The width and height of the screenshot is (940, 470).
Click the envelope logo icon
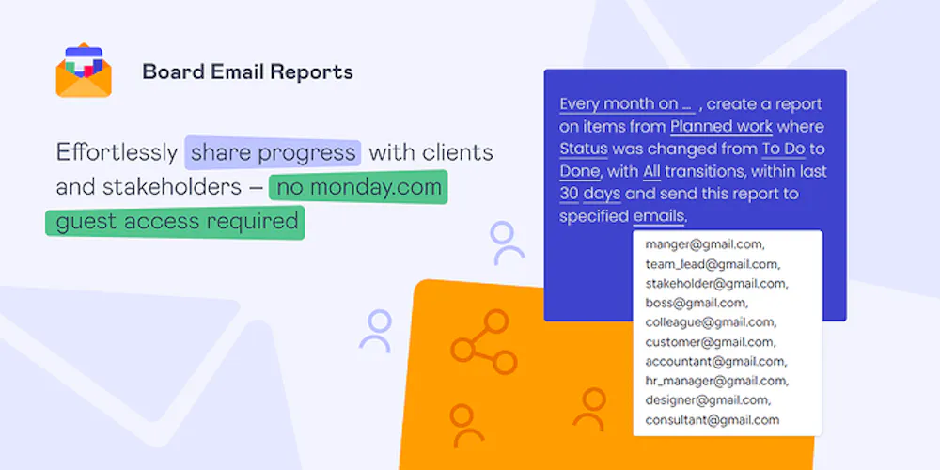[84, 70]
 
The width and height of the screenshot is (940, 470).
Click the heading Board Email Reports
[247, 72]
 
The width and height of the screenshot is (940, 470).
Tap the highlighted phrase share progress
[273, 152]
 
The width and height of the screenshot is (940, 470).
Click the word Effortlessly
[117, 152]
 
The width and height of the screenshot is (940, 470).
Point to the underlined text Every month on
[626, 104]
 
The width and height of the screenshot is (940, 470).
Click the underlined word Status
[584, 149]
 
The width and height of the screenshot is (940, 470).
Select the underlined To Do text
[783, 149]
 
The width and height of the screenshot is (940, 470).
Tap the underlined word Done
[580, 171]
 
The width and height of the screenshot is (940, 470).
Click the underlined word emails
[658, 216]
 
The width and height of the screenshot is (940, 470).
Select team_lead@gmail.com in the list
[713, 264]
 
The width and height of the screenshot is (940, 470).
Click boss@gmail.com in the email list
[697, 303]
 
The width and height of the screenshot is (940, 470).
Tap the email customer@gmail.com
[711, 342]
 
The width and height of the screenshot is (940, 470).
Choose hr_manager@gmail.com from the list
[717, 381]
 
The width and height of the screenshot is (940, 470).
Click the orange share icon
[484, 342]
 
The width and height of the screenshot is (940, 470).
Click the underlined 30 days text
[590, 195]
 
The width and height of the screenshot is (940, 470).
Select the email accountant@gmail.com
[716, 362]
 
